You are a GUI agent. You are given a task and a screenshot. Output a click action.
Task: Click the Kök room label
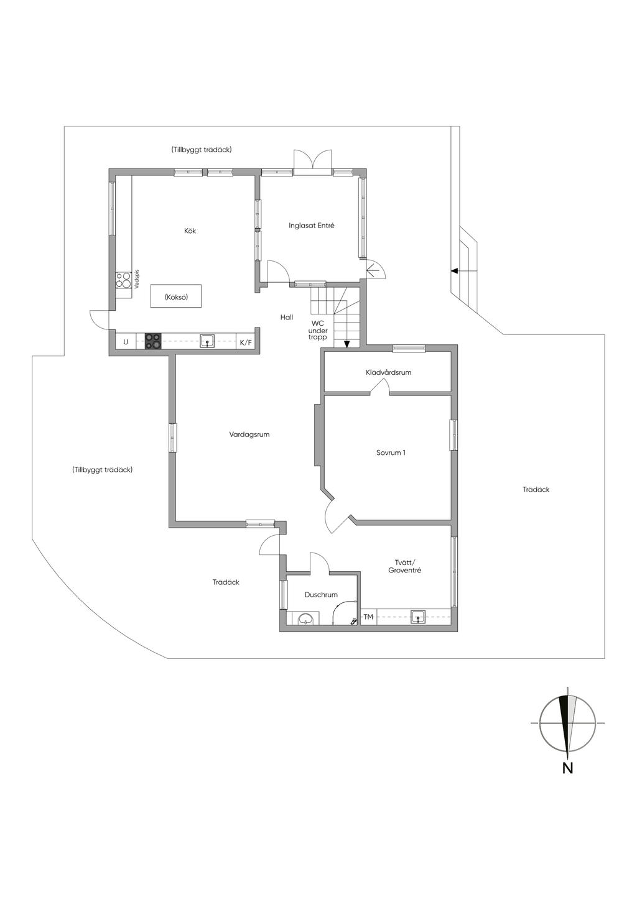click(x=190, y=231)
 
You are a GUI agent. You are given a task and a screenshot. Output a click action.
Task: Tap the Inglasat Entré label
click(x=311, y=226)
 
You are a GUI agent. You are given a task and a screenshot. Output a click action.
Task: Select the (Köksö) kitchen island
click(x=176, y=297)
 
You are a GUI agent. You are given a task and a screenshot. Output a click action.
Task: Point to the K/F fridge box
click(x=246, y=342)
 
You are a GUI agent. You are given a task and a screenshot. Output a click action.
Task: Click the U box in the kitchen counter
click(x=126, y=342)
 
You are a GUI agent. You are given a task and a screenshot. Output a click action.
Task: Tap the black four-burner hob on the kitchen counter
click(x=153, y=341)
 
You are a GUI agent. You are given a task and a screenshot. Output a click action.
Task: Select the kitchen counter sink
click(x=207, y=341)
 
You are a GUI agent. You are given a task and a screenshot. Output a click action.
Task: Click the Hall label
click(x=286, y=318)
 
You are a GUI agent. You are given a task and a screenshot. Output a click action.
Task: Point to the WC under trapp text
click(x=318, y=330)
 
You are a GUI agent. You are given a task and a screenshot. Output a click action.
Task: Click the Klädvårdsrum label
click(x=388, y=373)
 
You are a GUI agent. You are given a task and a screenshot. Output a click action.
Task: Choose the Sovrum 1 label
click(x=391, y=453)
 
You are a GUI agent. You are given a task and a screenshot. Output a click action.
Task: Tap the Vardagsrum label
click(x=249, y=435)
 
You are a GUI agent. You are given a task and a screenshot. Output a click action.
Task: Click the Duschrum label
click(x=321, y=595)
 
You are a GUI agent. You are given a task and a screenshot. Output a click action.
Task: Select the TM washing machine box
click(x=368, y=617)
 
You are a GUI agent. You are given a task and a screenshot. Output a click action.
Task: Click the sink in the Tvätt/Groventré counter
click(x=418, y=617)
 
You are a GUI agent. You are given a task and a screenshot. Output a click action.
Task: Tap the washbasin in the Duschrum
click(x=307, y=618)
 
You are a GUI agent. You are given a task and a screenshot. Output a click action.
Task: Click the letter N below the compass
click(x=567, y=768)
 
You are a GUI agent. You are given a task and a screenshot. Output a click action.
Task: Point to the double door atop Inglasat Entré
click(x=312, y=160)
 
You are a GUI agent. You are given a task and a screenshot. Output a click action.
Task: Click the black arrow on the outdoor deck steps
click(x=455, y=271)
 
